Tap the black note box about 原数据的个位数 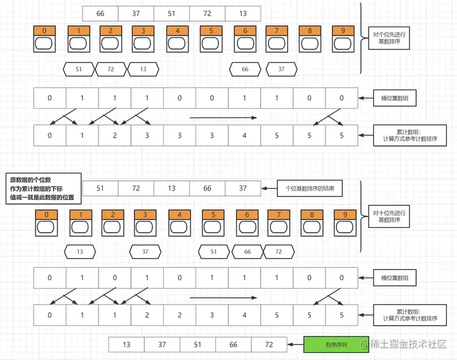tap(43, 189)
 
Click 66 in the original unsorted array tap(100, 13)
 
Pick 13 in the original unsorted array tap(243, 13)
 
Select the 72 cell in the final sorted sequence tap(268, 345)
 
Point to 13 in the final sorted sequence tap(126, 345)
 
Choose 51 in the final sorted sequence tap(197, 345)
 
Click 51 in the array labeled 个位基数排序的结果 tap(100, 188)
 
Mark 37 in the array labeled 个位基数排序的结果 tap(243, 188)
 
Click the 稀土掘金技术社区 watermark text tap(409, 345)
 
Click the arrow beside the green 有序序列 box tap(295, 345)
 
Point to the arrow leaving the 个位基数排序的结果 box tap(269, 188)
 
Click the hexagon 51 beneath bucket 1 tap(79, 69)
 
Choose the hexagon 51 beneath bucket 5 tap(214, 251)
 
